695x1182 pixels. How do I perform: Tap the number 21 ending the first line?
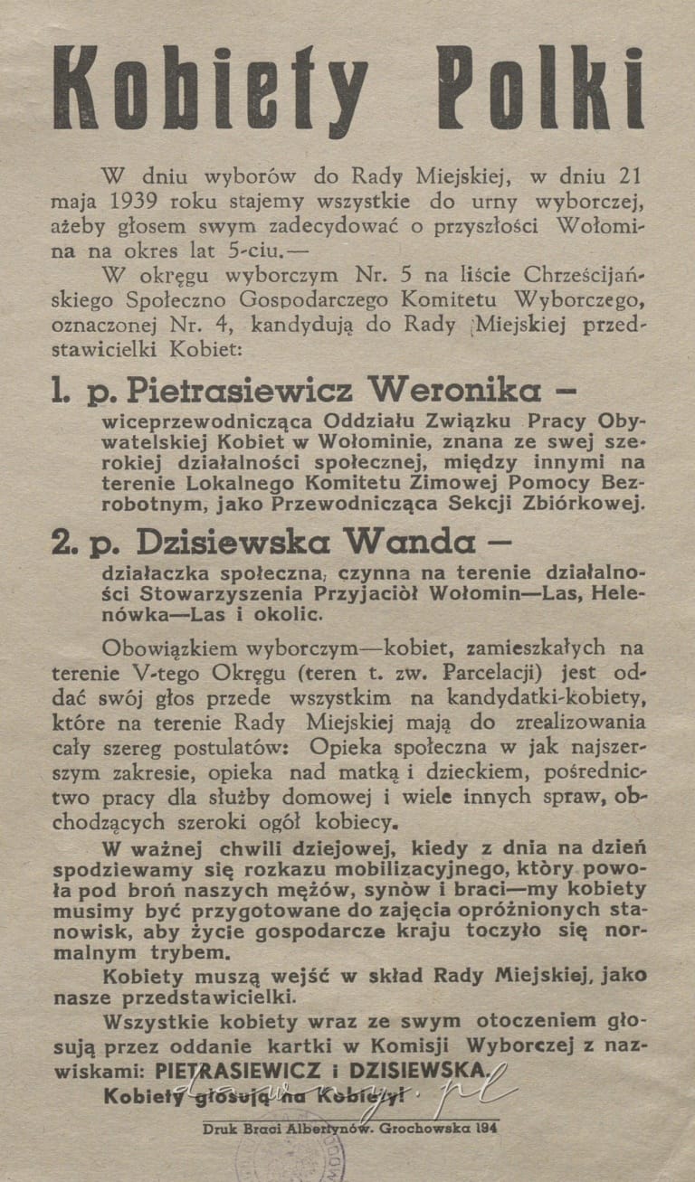pyautogui.click(x=631, y=175)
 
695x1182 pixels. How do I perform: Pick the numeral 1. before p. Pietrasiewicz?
pyautogui.click(x=61, y=390)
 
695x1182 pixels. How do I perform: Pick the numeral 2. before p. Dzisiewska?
pyautogui.click(x=63, y=543)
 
